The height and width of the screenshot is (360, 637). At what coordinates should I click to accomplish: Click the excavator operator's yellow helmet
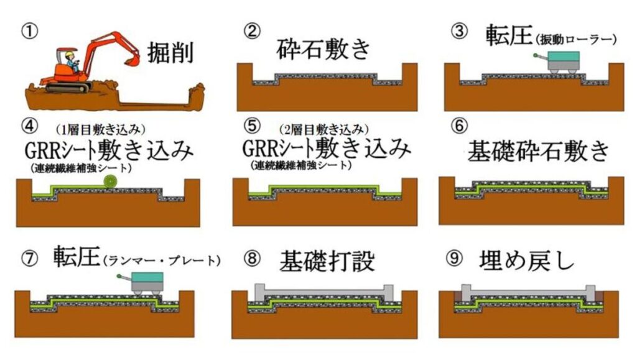tap(69, 53)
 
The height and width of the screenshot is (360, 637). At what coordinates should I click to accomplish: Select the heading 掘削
tap(170, 53)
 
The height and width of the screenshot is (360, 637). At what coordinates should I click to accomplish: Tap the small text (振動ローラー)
tap(575, 39)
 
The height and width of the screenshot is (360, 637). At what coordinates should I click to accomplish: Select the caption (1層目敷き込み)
tap(101, 129)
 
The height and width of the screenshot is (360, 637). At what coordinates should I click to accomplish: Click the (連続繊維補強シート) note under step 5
tap(301, 166)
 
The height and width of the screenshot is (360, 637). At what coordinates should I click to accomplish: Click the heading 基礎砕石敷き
tap(538, 151)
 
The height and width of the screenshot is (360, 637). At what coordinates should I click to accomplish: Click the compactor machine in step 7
tap(144, 283)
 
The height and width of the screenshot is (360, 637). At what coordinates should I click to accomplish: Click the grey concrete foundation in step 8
tap(323, 290)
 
